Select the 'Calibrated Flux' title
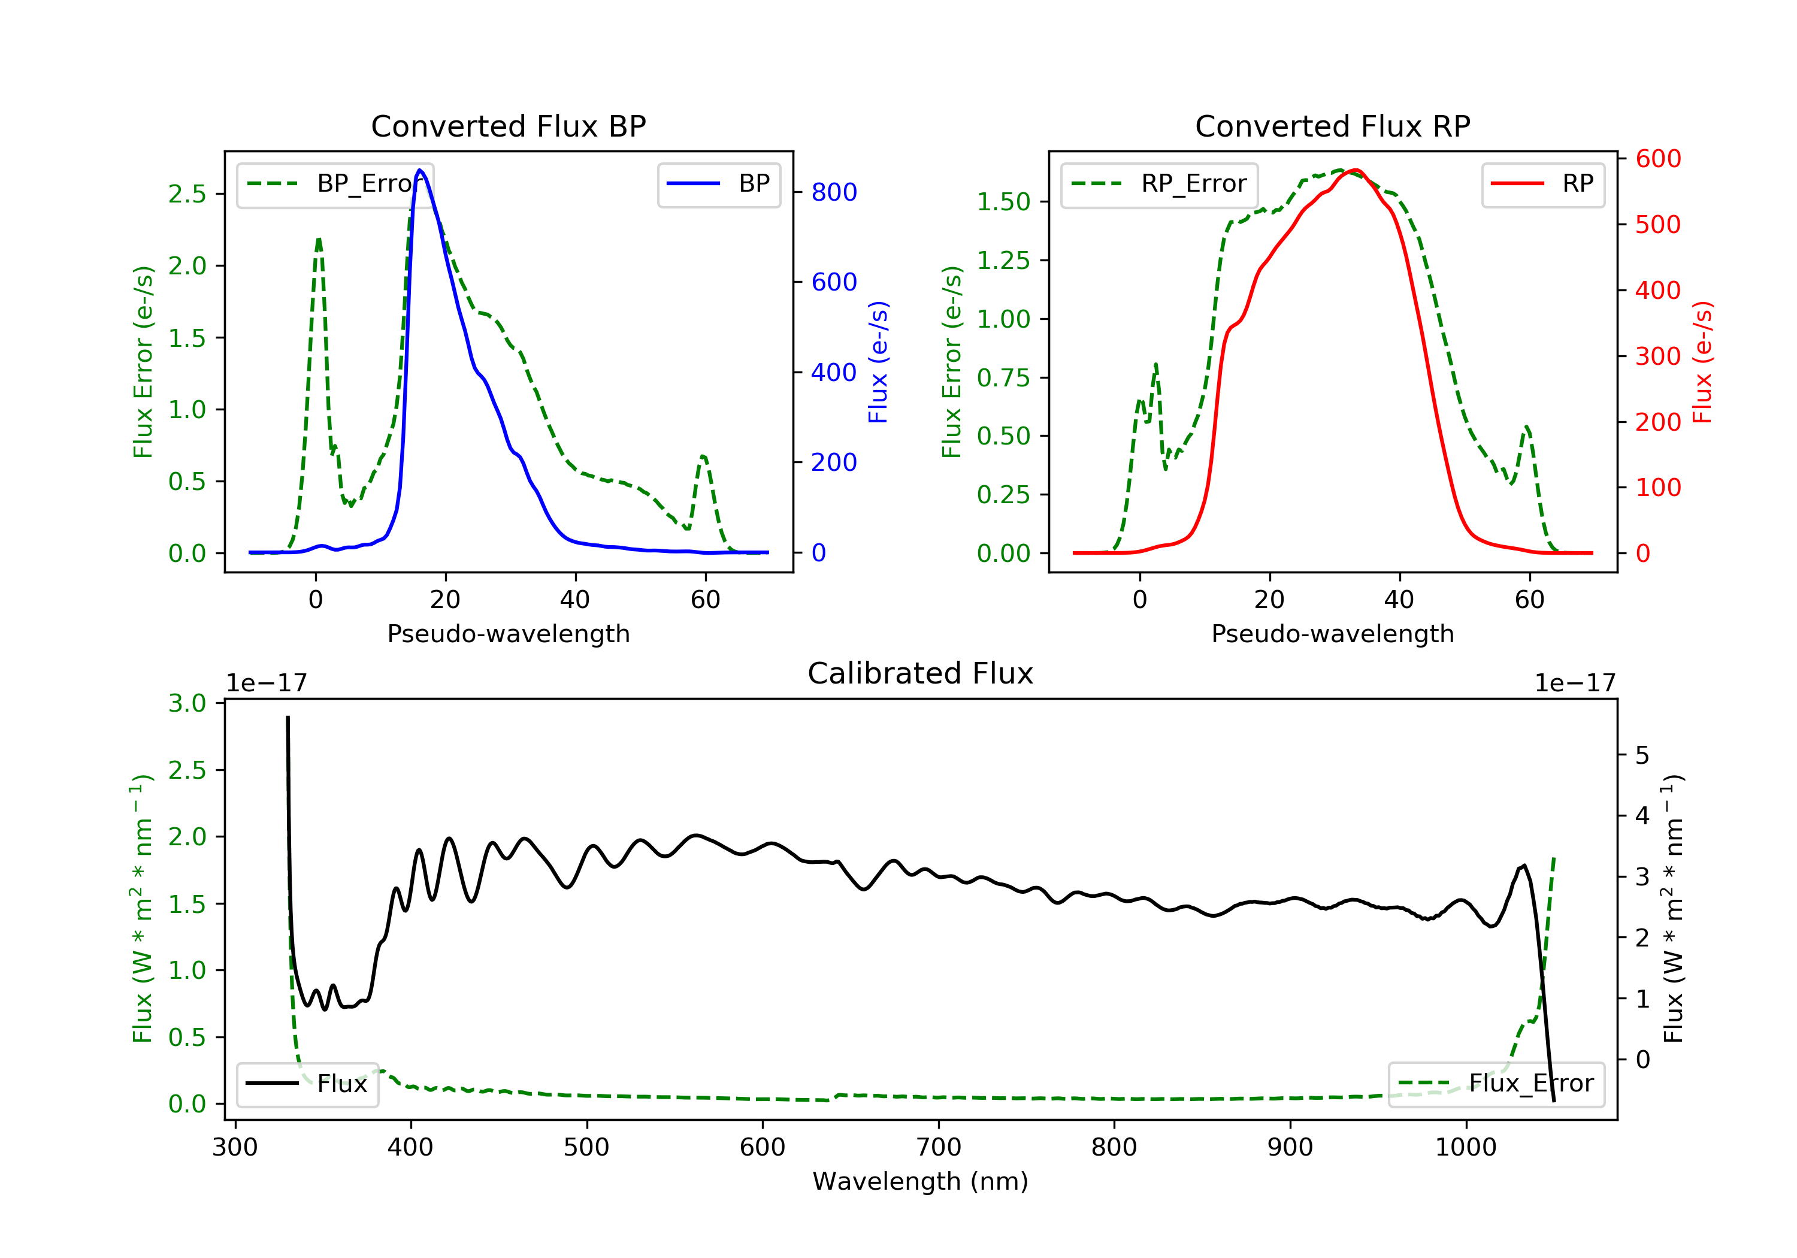pos(921,673)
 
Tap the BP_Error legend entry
pos(334,184)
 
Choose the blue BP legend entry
pos(718,184)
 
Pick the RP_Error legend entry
pos(1158,184)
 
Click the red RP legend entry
pos(1542,184)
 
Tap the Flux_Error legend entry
pos(1496,1084)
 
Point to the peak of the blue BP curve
pos(420,170)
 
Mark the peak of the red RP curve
pos(1356,170)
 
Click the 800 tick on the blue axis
pos(834,192)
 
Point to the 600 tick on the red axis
pos(1657,159)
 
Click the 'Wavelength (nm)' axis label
pos(921,1181)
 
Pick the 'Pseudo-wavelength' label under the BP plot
pos(509,634)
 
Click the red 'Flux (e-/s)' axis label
pos(1703,362)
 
